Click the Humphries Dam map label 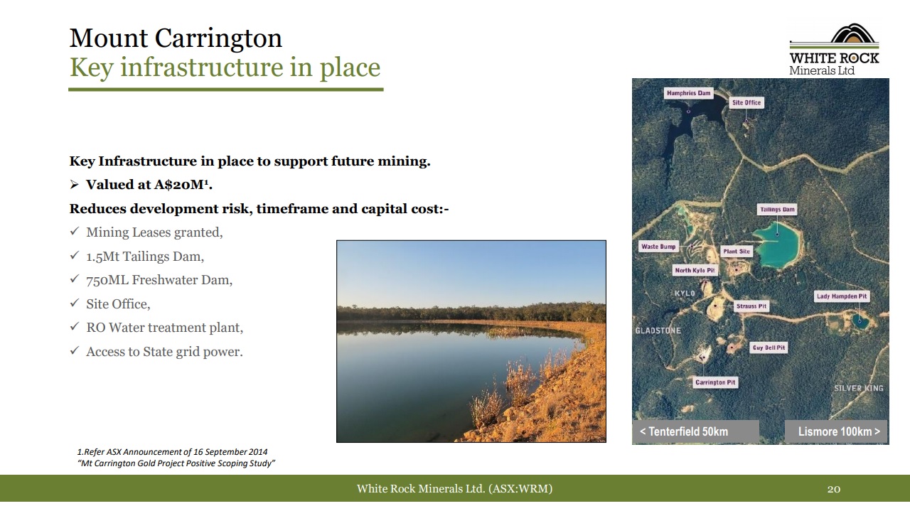coord(689,93)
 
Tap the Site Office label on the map coord(746,103)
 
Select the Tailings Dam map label coord(777,210)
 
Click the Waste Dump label coord(658,247)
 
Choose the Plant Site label coord(737,252)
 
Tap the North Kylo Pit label coord(695,271)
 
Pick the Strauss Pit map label coord(751,306)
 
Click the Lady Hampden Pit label coord(842,296)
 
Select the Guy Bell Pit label coord(769,348)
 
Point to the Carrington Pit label coord(715,382)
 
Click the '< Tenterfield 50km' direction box coord(695,431)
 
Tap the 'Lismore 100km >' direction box coord(837,431)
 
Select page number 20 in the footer coord(834,489)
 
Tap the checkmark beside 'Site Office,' coord(75,303)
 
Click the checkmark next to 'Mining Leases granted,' coord(75,231)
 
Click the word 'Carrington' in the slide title coord(218,38)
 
